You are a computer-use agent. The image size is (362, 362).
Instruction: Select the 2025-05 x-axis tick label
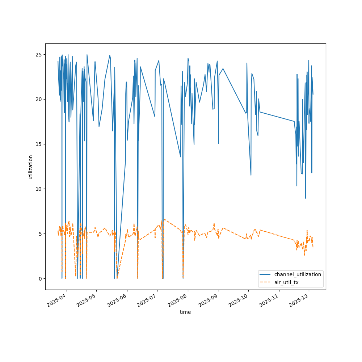(x=87, y=301)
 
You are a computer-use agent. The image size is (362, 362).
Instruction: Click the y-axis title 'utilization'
(x=31, y=167)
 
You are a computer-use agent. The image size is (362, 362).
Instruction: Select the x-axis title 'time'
(x=185, y=312)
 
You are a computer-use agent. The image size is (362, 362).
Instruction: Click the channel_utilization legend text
(x=298, y=274)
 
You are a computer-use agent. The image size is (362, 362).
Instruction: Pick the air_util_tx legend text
(x=286, y=282)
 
